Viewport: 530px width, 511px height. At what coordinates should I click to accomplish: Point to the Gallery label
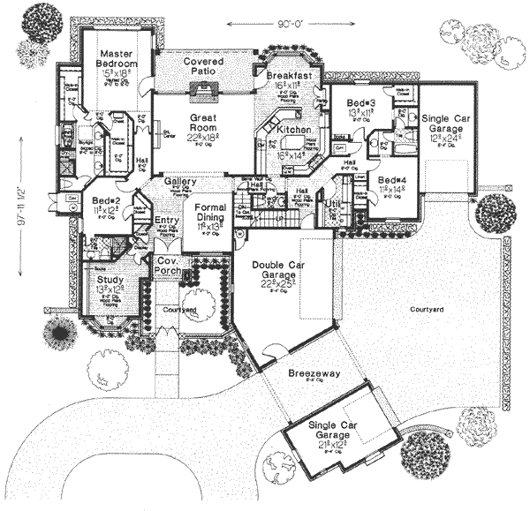tap(179, 182)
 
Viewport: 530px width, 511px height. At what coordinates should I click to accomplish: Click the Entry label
tap(166, 222)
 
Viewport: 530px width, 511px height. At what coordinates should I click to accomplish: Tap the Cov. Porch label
tap(169, 267)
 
